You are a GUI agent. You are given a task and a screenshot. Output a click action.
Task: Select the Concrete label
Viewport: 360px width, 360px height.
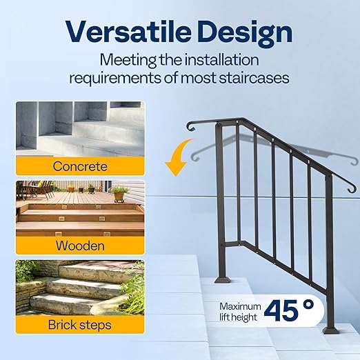(x=81, y=166)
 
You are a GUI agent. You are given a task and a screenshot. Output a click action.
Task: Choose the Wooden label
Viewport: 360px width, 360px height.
(x=81, y=245)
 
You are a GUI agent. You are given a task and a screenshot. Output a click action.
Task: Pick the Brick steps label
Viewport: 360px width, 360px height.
(x=81, y=324)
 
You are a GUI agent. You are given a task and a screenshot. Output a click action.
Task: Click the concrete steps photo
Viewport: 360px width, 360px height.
(x=81, y=129)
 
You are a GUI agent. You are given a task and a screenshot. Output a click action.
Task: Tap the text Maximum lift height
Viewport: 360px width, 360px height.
(x=240, y=312)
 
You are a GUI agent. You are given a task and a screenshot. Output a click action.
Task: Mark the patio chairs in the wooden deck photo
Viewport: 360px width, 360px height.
(x=31, y=188)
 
